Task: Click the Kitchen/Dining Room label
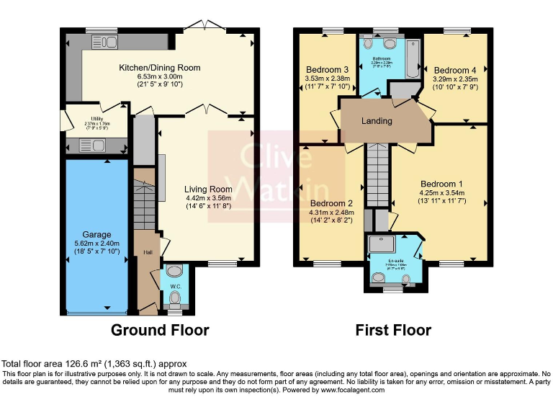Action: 159,68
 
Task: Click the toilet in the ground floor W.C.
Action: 174,296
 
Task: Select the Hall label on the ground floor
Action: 147,252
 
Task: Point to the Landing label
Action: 377,121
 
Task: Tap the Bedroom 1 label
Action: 441,183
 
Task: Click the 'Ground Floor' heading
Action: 159,331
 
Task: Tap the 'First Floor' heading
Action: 393,331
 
